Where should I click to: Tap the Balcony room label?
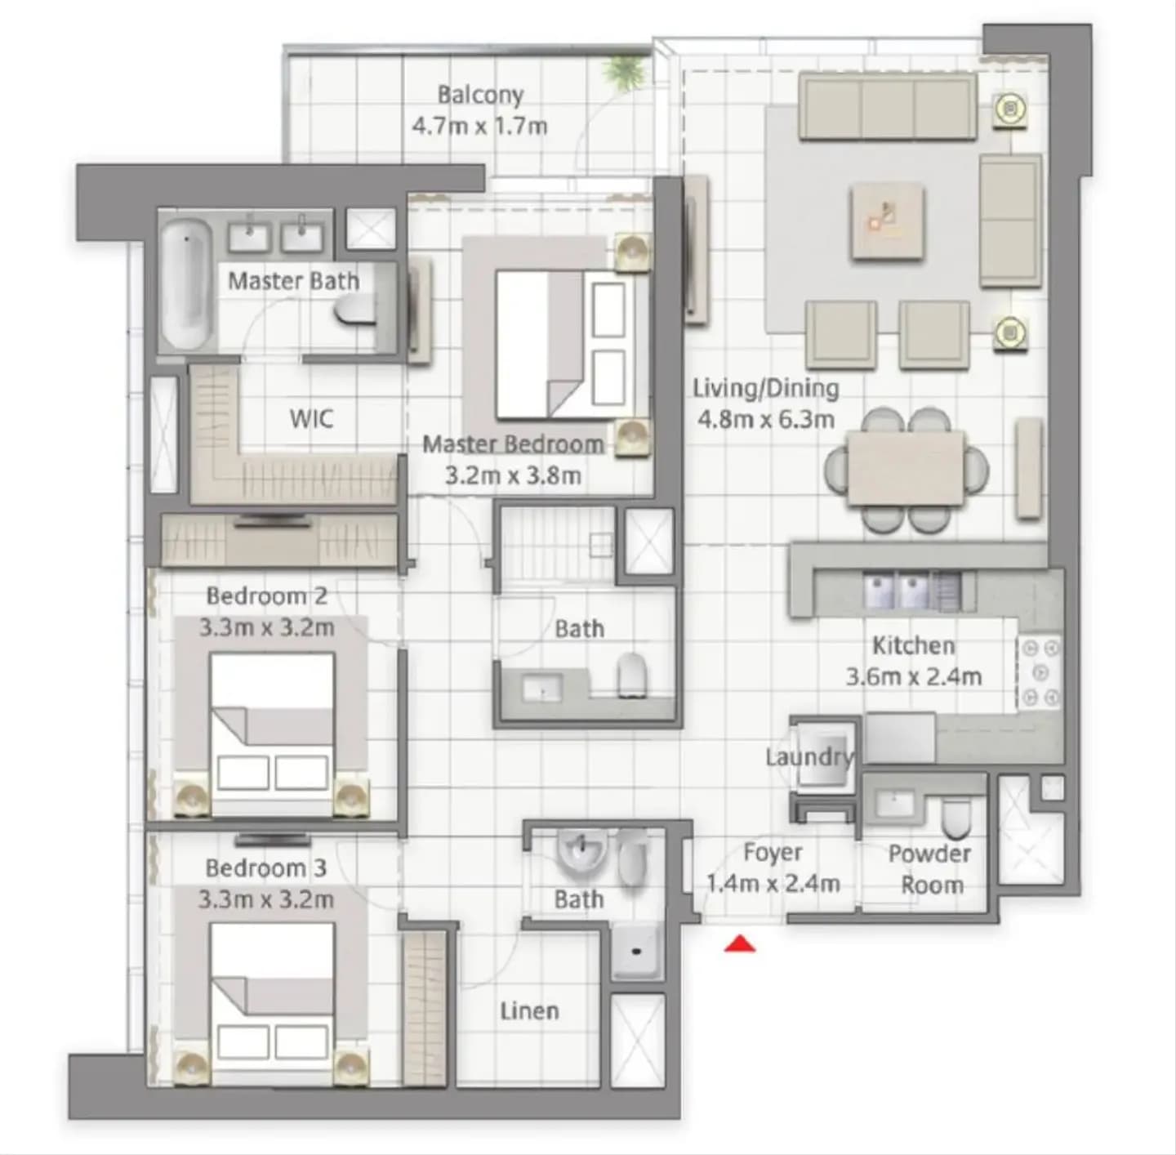pos(480,95)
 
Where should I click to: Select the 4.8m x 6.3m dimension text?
pos(766,420)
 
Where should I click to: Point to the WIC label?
pos(311,419)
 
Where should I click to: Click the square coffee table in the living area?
pos(888,221)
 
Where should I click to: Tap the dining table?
pos(906,469)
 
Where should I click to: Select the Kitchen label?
pos(913,645)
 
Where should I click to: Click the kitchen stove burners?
pos(1040,673)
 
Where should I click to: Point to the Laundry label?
pos(810,757)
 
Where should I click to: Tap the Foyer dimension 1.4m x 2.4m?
pos(773,884)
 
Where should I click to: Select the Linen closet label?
pos(529,1011)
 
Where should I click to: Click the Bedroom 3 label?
pos(265,868)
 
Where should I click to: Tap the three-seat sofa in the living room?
pos(888,105)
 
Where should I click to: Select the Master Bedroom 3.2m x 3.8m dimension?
pos(513,475)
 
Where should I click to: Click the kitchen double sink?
pos(895,591)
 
